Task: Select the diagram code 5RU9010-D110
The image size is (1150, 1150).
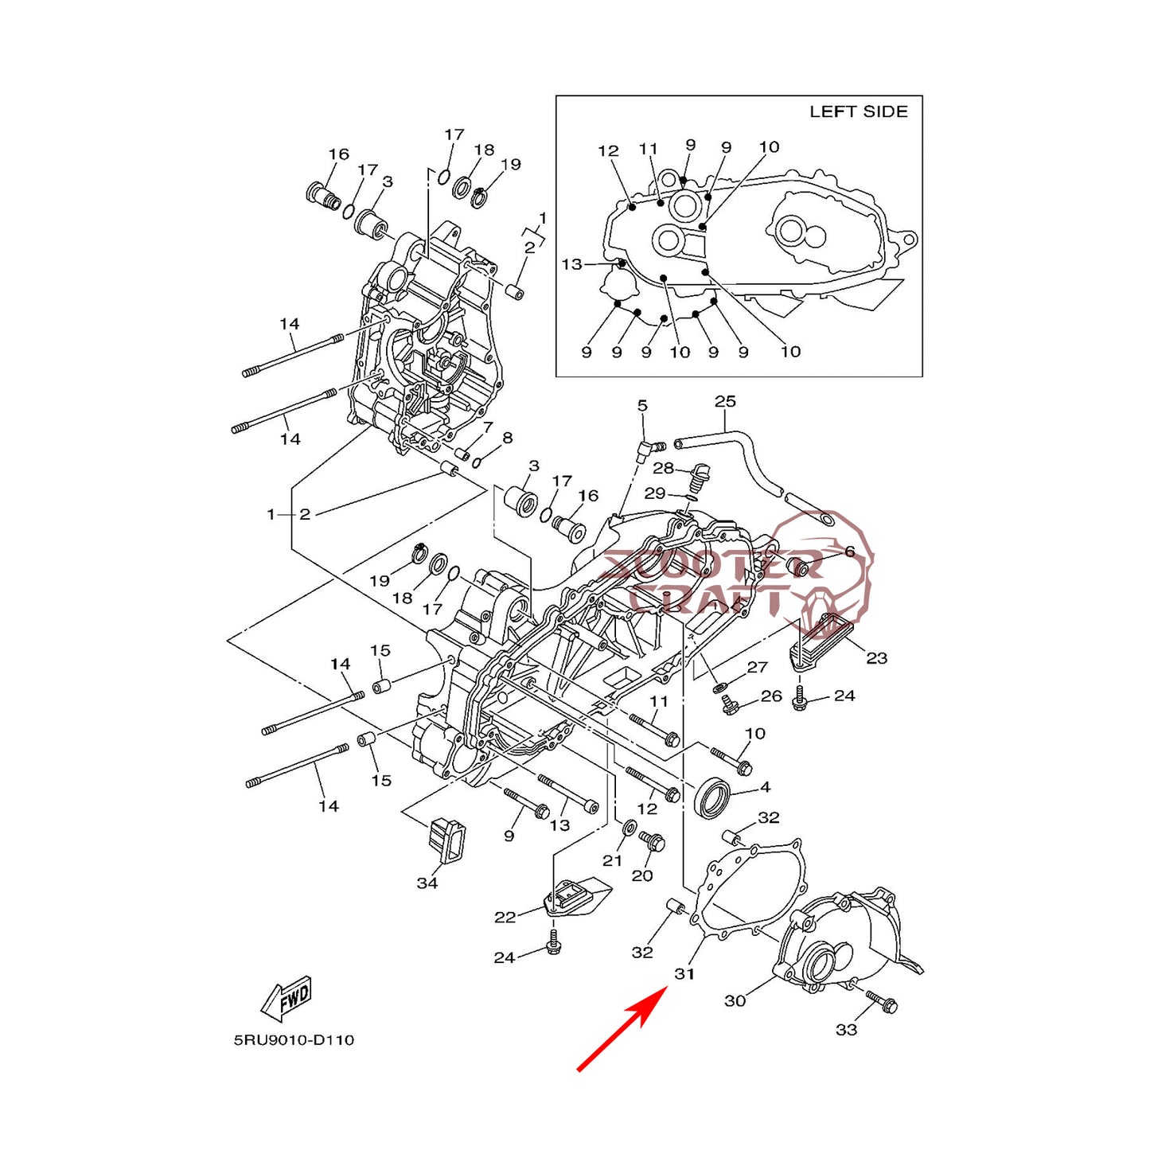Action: tap(294, 1040)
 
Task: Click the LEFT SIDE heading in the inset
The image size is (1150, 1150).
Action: tap(858, 112)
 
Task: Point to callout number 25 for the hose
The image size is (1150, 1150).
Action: tap(725, 402)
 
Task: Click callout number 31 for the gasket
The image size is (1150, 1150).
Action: tap(684, 973)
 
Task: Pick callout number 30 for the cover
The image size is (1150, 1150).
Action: tap(735, 1000)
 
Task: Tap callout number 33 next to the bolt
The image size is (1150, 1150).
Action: tap(846, 1030)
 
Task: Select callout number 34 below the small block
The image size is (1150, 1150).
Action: tap(427, 883)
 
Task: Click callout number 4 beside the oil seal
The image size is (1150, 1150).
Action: tap(765, 787)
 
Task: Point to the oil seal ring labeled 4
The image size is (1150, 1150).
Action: tap(711, 798)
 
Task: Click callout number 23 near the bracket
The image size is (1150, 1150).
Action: tap(876, 658)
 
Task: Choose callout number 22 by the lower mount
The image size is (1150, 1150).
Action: tap(505, 918)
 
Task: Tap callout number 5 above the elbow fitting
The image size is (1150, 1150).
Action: tap(642, 406)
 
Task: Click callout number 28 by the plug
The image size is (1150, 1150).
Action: tap(663, 468)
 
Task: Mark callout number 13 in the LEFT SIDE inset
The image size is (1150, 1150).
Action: tap(571, 264)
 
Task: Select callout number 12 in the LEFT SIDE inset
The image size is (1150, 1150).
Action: tap(608, 151)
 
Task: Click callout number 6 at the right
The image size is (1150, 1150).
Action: tap(849, 552)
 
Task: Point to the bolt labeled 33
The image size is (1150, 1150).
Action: tap(882, 1002)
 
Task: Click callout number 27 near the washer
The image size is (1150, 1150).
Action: tap(757, 667)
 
